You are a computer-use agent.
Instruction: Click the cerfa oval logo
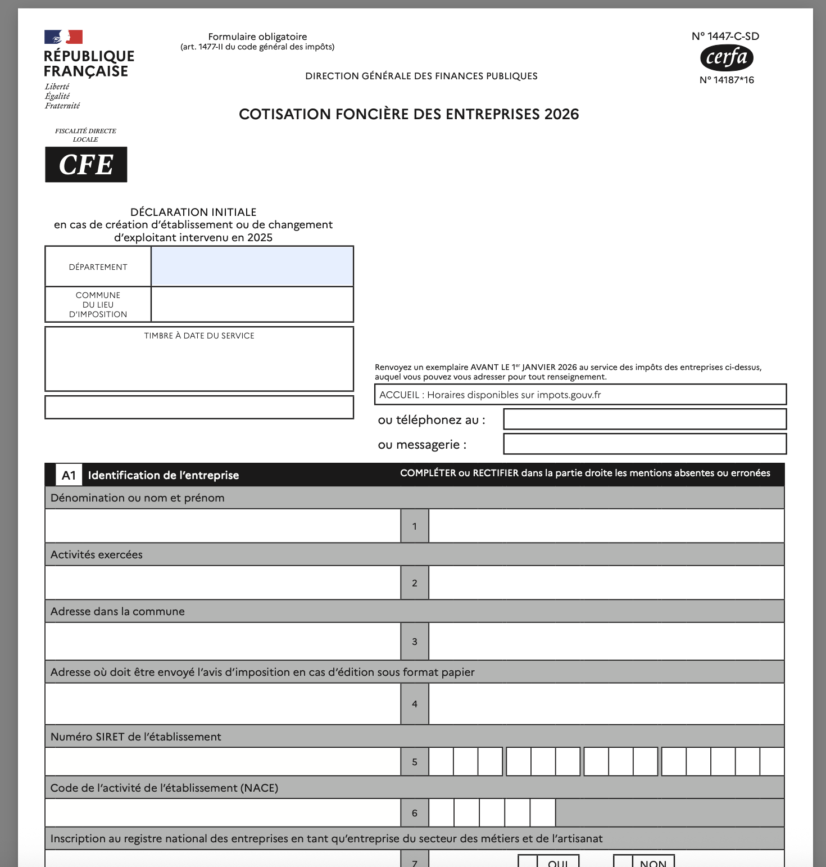tap(727, 58)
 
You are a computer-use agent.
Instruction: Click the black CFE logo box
tap(86, 165)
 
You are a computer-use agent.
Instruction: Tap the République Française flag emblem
tap(63, 37)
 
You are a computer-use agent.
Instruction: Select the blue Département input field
tap(252, 267)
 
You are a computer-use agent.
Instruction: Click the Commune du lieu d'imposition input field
tap(252, 305)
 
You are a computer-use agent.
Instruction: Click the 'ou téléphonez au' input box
tap(645, 419)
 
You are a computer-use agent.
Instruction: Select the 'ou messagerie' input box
tap(645, 444)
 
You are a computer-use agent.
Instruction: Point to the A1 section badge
tap(69, 476)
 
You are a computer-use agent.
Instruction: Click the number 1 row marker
tap(415, 526)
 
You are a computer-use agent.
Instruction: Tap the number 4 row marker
tap(415, 704)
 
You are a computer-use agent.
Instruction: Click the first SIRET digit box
tap(441, 762)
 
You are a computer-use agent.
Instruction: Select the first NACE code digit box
tap(441, 813)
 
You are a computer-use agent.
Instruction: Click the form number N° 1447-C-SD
tap(725, 37)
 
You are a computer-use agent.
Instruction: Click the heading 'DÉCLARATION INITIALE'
tap(193, 212)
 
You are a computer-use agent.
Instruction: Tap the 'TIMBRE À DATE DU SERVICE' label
tap(199, 336)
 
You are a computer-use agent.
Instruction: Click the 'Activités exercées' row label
tap(97, 555)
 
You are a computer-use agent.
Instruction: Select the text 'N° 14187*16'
tap(727, 80)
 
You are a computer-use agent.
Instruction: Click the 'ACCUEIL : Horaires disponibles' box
tap(580, 395)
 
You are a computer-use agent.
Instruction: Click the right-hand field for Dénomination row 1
tap(606, 526)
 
